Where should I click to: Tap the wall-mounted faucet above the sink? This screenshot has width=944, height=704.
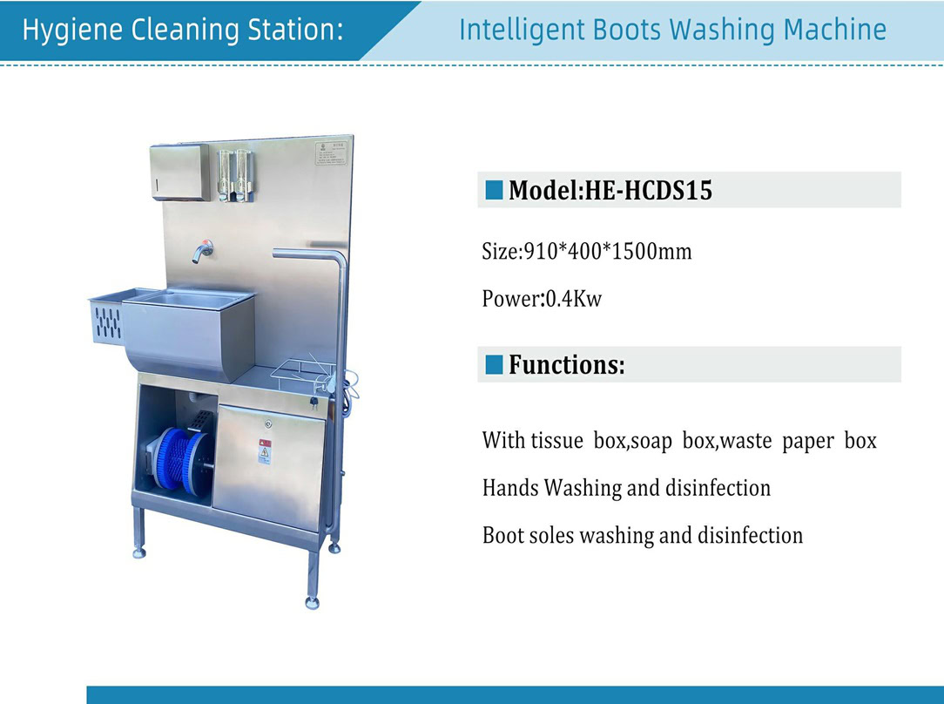coord(202,251)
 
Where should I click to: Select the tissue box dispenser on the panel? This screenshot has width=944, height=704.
coord(179,173)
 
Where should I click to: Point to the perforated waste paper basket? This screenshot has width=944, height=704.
coord(107,319)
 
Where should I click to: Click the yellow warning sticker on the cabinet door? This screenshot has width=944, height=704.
coord(265,451)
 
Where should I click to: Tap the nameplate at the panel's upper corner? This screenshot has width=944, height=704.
coord(331,153)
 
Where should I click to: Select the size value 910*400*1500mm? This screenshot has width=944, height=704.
coord(608,251)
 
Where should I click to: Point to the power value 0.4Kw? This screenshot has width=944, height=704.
coord(573,298)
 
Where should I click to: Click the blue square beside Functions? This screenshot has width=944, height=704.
coord(494,364)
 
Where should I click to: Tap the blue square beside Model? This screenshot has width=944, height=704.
coord(494,190)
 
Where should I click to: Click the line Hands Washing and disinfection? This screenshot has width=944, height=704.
coord(626,488)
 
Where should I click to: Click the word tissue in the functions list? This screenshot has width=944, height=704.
coord(556,441)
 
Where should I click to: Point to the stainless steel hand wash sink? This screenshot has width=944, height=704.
coord(189,332)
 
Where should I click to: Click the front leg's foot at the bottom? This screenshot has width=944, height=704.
coord(312,602)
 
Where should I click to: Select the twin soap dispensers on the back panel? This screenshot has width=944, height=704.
coord(235,174)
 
